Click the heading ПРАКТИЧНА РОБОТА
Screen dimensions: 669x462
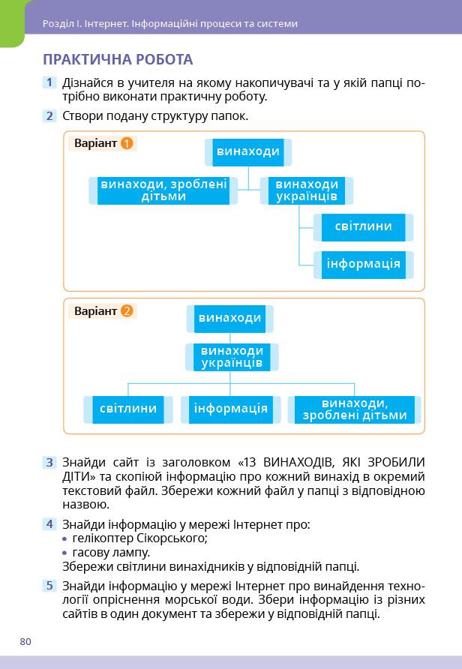[x=118, y=59]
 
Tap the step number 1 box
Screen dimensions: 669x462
[x=49, y=82]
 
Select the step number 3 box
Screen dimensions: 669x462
[x=49, y=463]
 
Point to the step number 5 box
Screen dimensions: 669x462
[x=49, y=586]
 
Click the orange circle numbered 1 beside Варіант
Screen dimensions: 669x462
[x=127, y=142]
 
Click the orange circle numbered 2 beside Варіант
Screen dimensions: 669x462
[x=127, y=310]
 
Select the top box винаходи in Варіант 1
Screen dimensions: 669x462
[x=247, y=152]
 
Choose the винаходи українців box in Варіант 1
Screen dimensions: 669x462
[x=306, y=190]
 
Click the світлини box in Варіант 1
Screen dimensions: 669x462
[x=363, y=226]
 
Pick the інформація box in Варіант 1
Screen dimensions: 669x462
[x=363, y=263]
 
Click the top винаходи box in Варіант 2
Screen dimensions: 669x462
[x=229, y=318]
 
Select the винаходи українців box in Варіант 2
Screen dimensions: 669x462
[x=232, y=357]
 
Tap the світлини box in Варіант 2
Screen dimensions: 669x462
[x=128, y=409]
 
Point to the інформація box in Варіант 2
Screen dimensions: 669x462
[x=230, y=409]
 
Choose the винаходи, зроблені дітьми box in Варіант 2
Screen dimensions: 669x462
[x=354, y=409]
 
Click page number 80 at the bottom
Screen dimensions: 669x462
[x=25, y=641]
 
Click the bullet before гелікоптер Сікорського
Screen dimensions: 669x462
[x=65, y=538]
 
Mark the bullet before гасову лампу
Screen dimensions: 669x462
[x=65, y=553]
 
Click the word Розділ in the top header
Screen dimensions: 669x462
[x=57, y=23]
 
